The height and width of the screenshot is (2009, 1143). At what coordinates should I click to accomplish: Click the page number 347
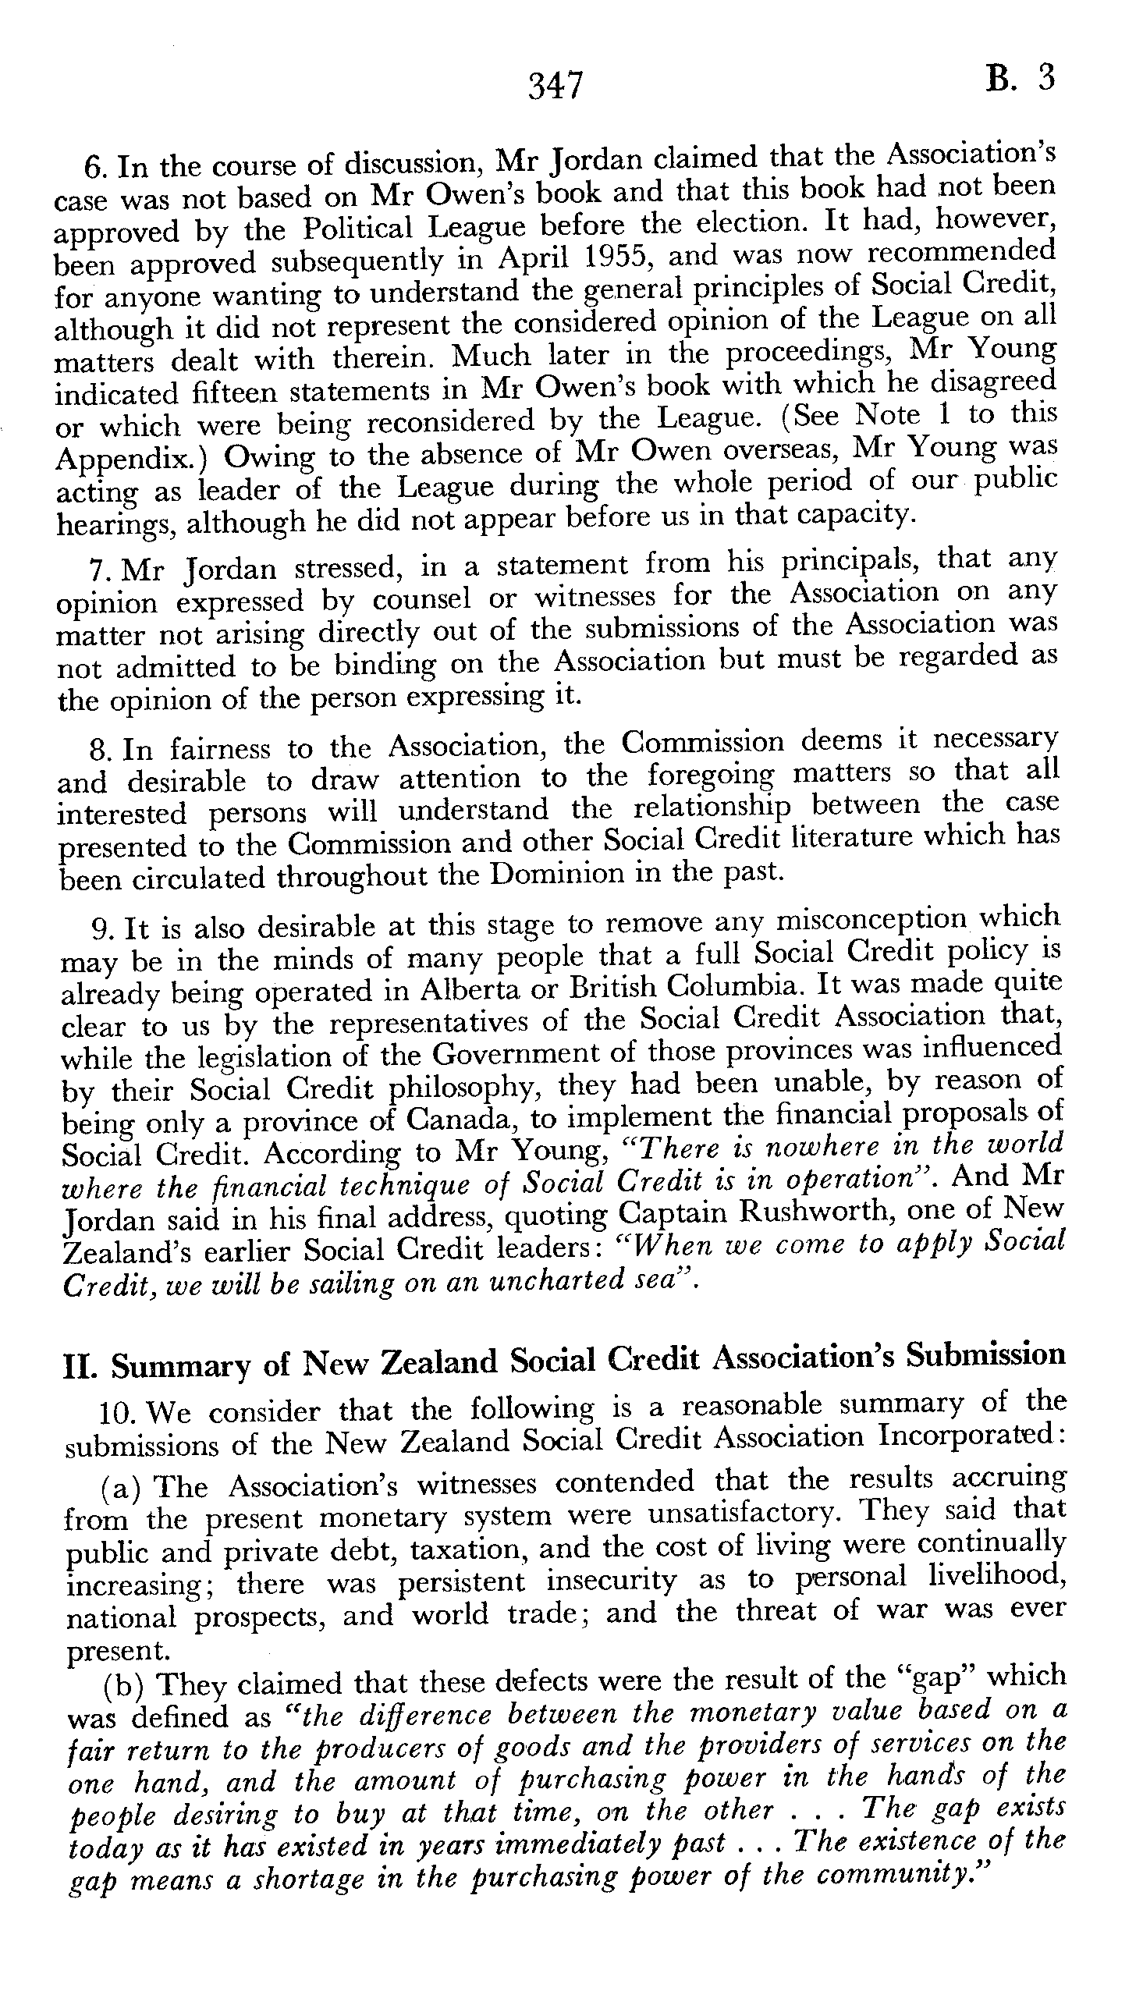[556, 86]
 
